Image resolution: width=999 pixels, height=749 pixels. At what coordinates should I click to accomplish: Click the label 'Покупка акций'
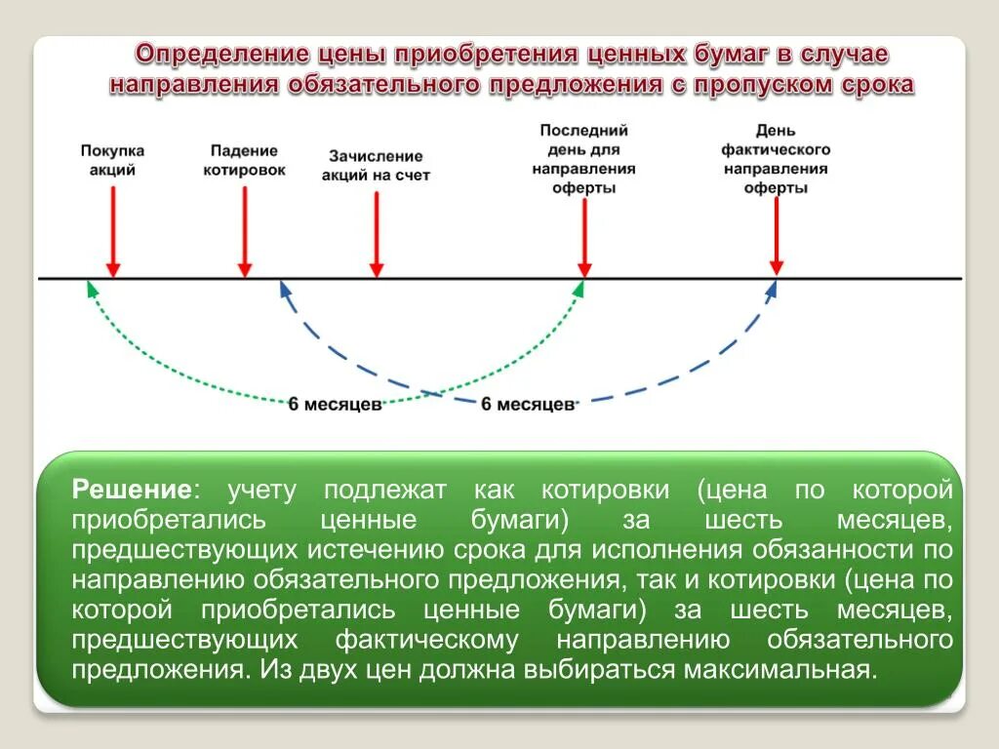point(112,160)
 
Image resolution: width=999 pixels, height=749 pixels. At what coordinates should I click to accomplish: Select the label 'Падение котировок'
point(244,160)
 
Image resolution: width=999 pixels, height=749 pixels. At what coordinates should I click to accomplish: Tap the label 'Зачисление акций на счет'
point(376,165)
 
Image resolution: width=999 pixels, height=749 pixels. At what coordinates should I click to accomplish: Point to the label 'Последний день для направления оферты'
point(583,159)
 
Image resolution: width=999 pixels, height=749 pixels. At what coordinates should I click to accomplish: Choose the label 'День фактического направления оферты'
point(776,159)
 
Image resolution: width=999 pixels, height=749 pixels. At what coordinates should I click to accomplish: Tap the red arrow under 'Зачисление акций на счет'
point(376,234)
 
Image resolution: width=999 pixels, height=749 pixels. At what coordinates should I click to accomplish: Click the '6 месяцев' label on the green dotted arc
point(335,404)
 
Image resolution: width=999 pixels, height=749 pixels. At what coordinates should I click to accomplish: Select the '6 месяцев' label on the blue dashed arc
point(528,404)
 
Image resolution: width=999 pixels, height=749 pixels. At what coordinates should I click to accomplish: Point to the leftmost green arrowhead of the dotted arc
point(91,287)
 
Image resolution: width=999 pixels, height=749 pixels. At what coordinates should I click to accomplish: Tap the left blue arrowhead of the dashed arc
point(284,288)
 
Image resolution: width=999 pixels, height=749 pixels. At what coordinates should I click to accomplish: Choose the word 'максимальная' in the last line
point(774,670)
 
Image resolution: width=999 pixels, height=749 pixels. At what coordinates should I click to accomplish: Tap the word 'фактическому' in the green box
point(426,640)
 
